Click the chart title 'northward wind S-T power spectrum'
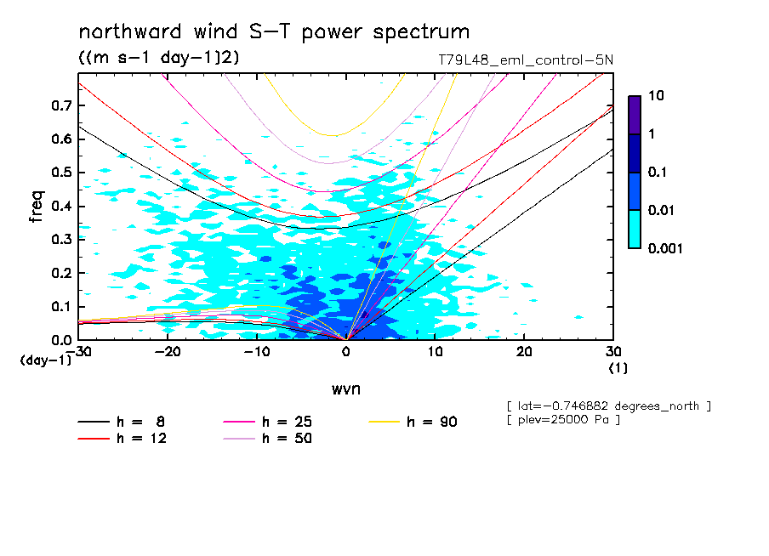pyautogui.click(x=274, y=32)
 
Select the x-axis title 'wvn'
pyautogui.click(x=345, y=389)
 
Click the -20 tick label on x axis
pyautogui.click(x=168, y=352)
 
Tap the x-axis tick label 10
pyautogui.click(x=435, y=352)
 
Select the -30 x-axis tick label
pyautogui.click(x=78, y=352)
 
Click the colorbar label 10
pyautogui.click(x=655, y=97)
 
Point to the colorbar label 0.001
pyautogui.click(x=666, y=248)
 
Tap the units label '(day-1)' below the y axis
pyautogui.click(x=46, y=360)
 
